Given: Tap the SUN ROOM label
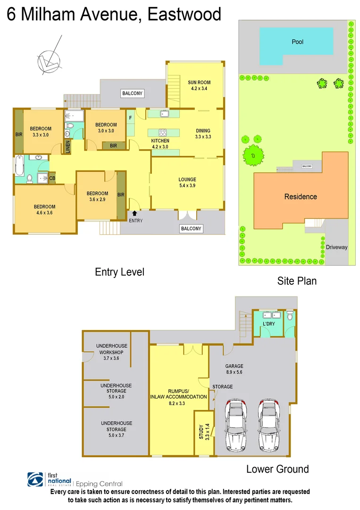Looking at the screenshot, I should pos(199,85).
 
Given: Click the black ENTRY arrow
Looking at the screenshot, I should pos(135,213).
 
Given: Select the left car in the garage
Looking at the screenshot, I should pos(236,425).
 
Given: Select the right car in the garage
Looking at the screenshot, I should pos(268,425).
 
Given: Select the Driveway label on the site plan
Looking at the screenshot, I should pos(336,247).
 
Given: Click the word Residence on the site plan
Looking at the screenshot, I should pos(300,196).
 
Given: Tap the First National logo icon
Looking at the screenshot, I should pos(36,480).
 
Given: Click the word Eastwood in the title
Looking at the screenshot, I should pos(184,15).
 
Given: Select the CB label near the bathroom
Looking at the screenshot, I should pos(52,178).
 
